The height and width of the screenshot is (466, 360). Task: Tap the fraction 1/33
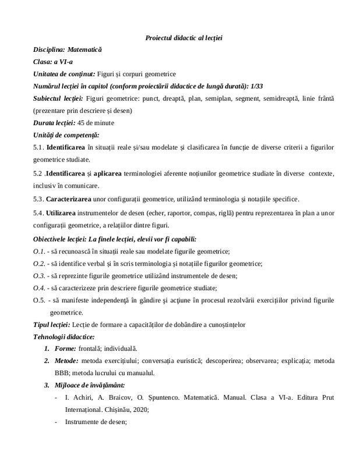click(x=255, y=86)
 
